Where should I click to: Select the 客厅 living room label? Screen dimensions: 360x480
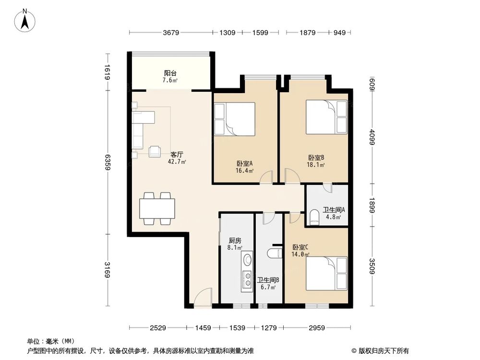pyautogui.click(x=177, y=155)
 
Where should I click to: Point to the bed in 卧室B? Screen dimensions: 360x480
pyautogui.click(x=326, y=117)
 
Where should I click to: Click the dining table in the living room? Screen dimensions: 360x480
pyautogui.click(x=157, y=209)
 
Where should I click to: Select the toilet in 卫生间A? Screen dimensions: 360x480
pyautogui.click(x=315, y=216)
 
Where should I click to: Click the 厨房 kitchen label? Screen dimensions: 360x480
pyautogui.click(x=234, y=241)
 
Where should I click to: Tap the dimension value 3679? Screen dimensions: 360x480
pyautogui.click(x=171, y=33)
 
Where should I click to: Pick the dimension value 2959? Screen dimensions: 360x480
pyautogui.click(x=317, y=328)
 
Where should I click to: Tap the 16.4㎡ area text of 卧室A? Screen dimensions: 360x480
pyautogui.click(x=244, y=170)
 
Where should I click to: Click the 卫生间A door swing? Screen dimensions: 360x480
pyautogui.click(x=327, y=188)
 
